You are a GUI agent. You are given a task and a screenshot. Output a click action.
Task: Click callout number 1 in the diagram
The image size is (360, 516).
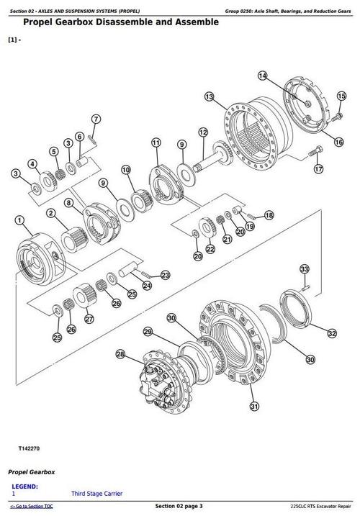point(19,220)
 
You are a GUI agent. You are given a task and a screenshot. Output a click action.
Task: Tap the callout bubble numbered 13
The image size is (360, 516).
point(209,96)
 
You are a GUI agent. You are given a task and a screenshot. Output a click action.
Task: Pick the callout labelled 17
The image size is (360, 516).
point(318,170)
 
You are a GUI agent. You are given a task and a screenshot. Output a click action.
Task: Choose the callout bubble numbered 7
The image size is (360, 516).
point(95,119)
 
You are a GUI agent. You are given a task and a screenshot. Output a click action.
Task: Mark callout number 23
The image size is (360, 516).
point(165,275)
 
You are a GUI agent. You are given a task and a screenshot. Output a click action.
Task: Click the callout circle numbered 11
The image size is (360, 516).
point(156,144)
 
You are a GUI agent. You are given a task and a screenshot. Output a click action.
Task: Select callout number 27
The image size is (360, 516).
point(89,320)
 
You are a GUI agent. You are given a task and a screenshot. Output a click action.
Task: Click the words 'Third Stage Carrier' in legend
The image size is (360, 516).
point(96,493)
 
